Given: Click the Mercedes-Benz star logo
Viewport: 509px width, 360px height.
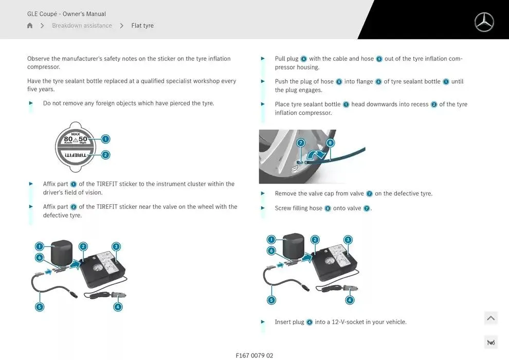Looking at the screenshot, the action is pyautogui.click(x=484, y=22).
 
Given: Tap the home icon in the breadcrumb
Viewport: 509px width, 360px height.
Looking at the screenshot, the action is pyautogui.click(x=30, y=25).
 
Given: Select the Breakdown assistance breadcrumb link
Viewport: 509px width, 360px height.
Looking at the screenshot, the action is pyautogui.click(x=82, y=25).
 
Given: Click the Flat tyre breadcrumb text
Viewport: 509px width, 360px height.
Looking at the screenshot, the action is pyautogui.click(x=142, y=25).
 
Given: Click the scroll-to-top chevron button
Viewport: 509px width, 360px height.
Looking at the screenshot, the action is pyautogui.click(x=491, y=318).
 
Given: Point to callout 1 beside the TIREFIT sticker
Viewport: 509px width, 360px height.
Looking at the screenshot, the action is pyautogui.click(x=105, y=139).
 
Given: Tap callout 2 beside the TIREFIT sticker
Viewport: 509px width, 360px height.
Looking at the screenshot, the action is pyautogui.click(x=105, y=155).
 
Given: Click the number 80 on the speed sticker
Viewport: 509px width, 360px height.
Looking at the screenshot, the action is pyautogui.click(x=68, y=139).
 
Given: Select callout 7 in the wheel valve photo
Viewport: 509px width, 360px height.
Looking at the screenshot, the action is pyautogui.click(x=301, y=143).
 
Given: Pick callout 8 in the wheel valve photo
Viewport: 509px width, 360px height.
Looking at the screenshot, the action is pyautogui.click(x=330, y=143).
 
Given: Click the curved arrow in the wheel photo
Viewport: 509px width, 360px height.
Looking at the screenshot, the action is pyautogui.click(x=317, y=154).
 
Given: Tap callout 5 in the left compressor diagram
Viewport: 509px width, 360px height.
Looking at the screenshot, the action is pyautogui.click(x=40, y=307).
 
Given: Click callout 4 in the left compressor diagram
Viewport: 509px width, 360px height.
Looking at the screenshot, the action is pyautogui.click(x=118, y=307).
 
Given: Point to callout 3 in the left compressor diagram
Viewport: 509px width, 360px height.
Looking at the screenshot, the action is pyautogui.click(x=116, y=247).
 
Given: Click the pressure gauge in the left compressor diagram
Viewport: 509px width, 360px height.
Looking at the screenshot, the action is pyautogui.click(x=97, y=269).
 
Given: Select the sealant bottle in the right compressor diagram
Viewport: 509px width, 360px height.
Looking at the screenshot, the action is pyautogui.click(x=294, y=246).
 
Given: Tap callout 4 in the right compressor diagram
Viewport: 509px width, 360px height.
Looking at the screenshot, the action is pyautogui.click(x=350, y=300).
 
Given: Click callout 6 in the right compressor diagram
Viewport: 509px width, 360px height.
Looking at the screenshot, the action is pyautogui.click(x=271, y=250).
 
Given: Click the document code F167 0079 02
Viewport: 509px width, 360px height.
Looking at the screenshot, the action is pyautogui.click(x=254, y=355).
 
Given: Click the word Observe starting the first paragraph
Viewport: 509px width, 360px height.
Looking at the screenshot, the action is pyautogui.click(x=39, y=59).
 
